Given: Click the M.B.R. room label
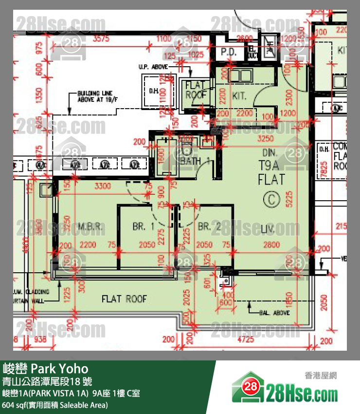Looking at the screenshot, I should point(90,227).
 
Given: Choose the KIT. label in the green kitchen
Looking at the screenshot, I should point(239,96).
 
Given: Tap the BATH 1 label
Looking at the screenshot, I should point(195,161).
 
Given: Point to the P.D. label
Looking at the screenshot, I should point(229,51).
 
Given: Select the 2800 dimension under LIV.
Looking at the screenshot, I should point(272,245).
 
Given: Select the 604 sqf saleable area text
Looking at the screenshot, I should point(55,405).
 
